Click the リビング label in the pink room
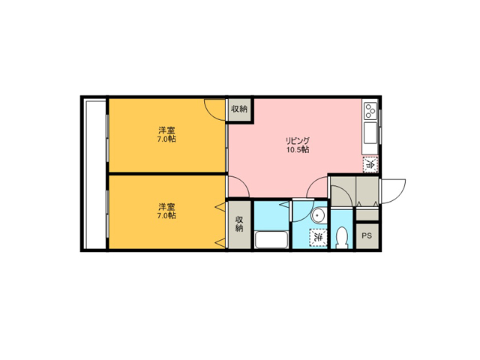tap(298, 141)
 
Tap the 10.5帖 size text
tap(298, 150)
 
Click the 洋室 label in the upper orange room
tap(166, 130)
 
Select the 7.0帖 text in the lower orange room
tap(166, 215)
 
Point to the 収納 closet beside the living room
tap(239, 109)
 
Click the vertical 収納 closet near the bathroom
tap(239, 224)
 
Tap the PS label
tap(367, 235)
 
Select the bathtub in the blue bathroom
tap(271, 240)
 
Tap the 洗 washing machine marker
tap(318, 237)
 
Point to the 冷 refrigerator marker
tap(370, 164)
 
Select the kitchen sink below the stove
tap(370, 133)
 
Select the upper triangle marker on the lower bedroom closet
tap(221, 207)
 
